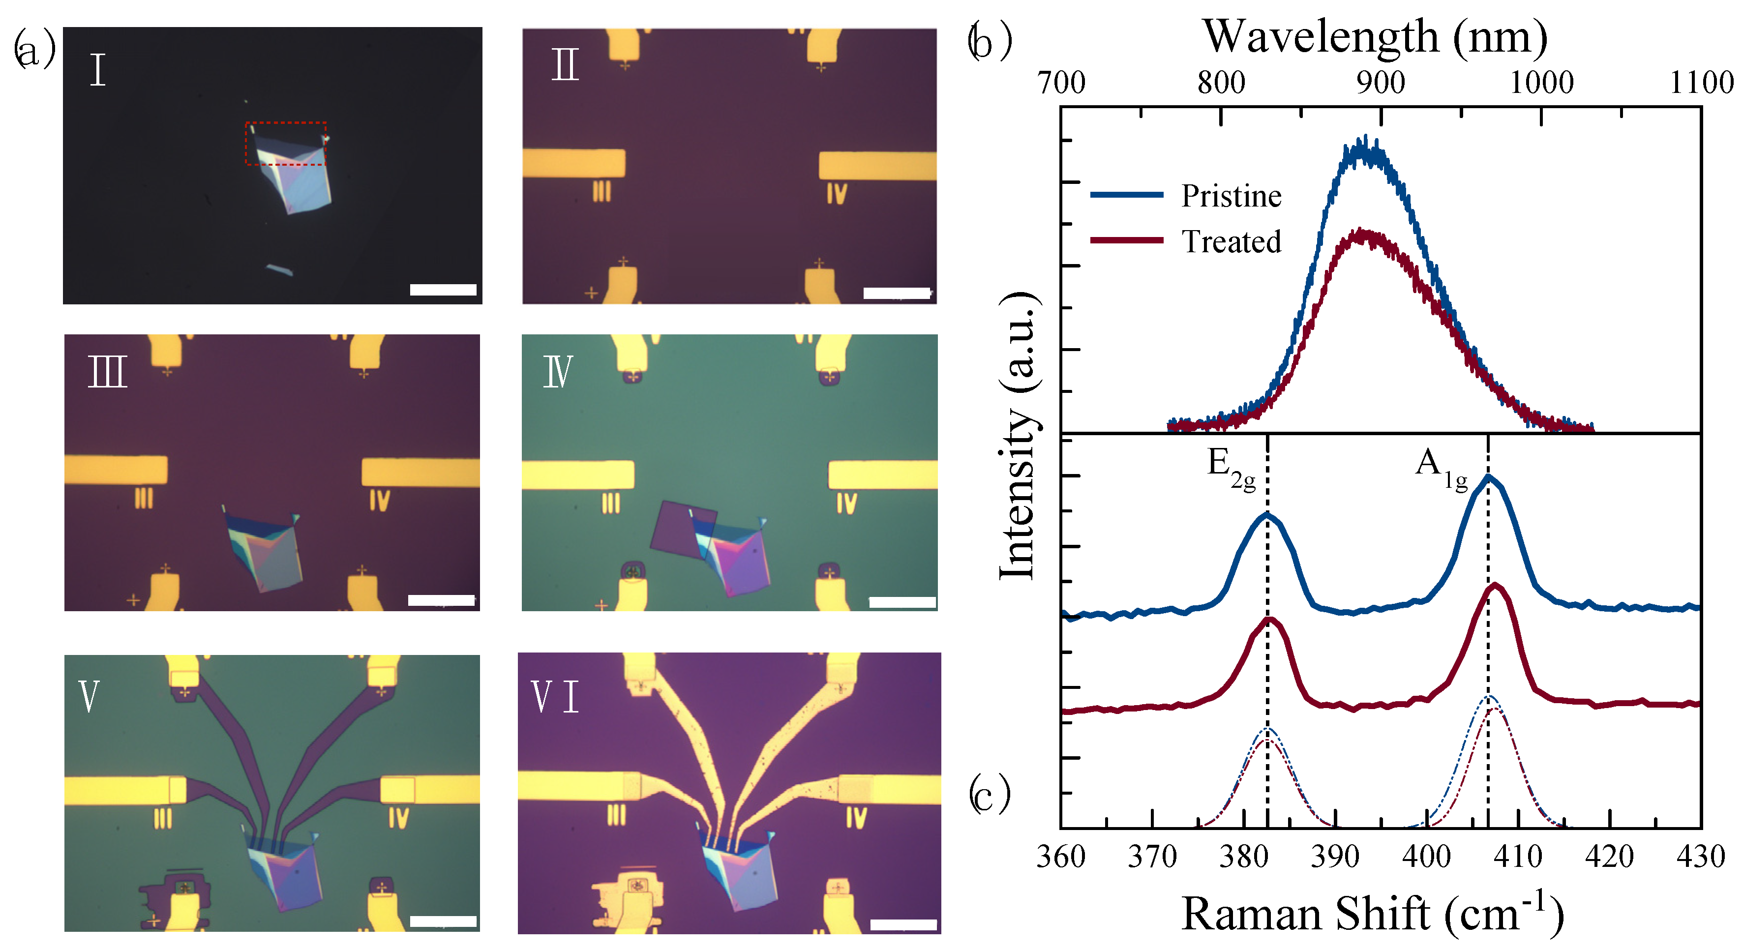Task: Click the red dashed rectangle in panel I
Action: click(286, 144)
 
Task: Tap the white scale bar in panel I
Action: click(443, 290)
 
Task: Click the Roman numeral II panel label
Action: click(565, 65)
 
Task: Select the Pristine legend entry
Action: click(1230, 196)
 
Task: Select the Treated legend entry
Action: click(1230, 241)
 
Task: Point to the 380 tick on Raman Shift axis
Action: click(1244, 857)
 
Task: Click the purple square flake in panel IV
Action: click(680, 529)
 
